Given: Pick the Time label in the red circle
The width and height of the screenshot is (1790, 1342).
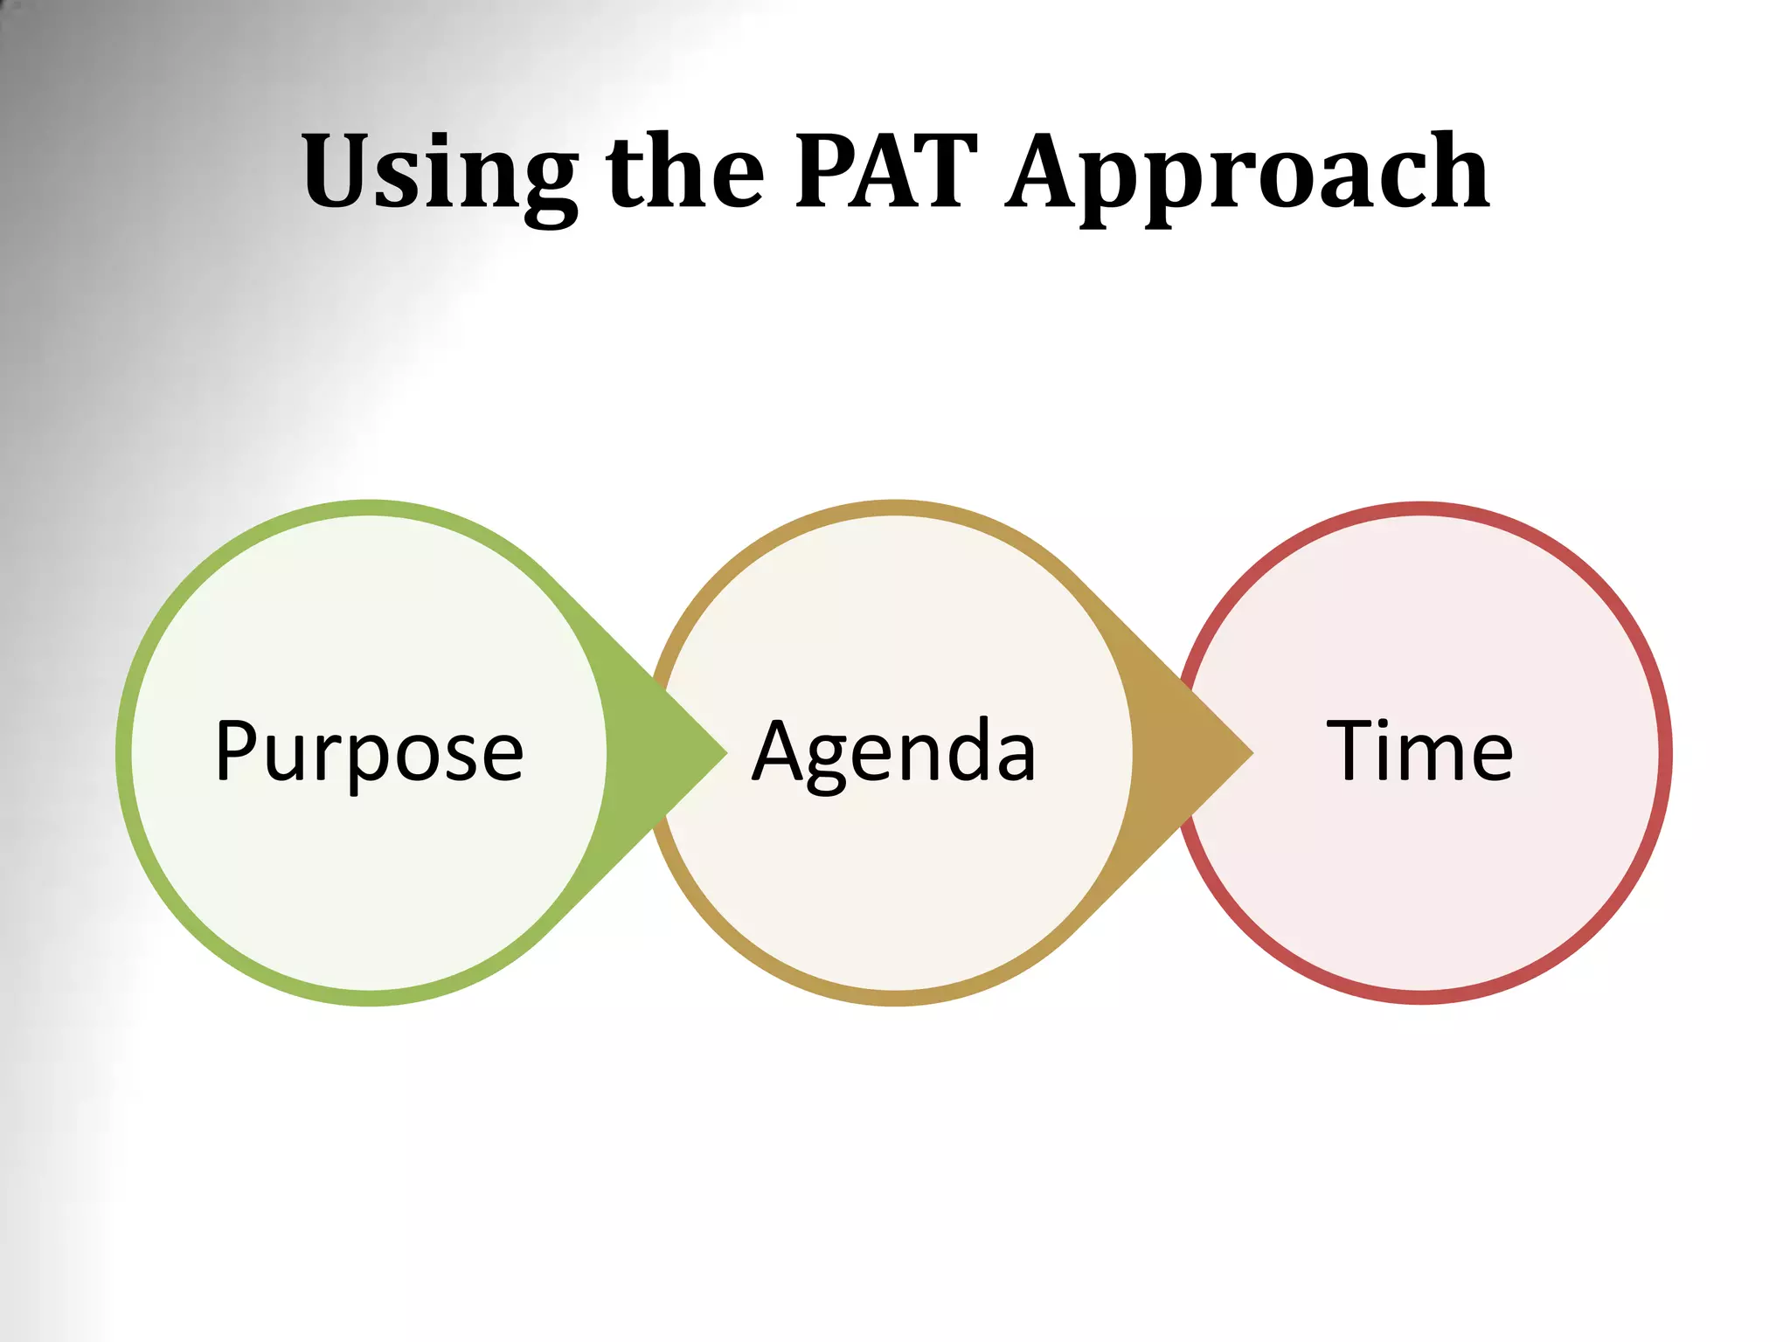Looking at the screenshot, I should pyautogui.click(x=1419, y=751).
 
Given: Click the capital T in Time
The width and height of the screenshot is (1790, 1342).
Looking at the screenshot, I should pyautogui.click(x=1352, y=750).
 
